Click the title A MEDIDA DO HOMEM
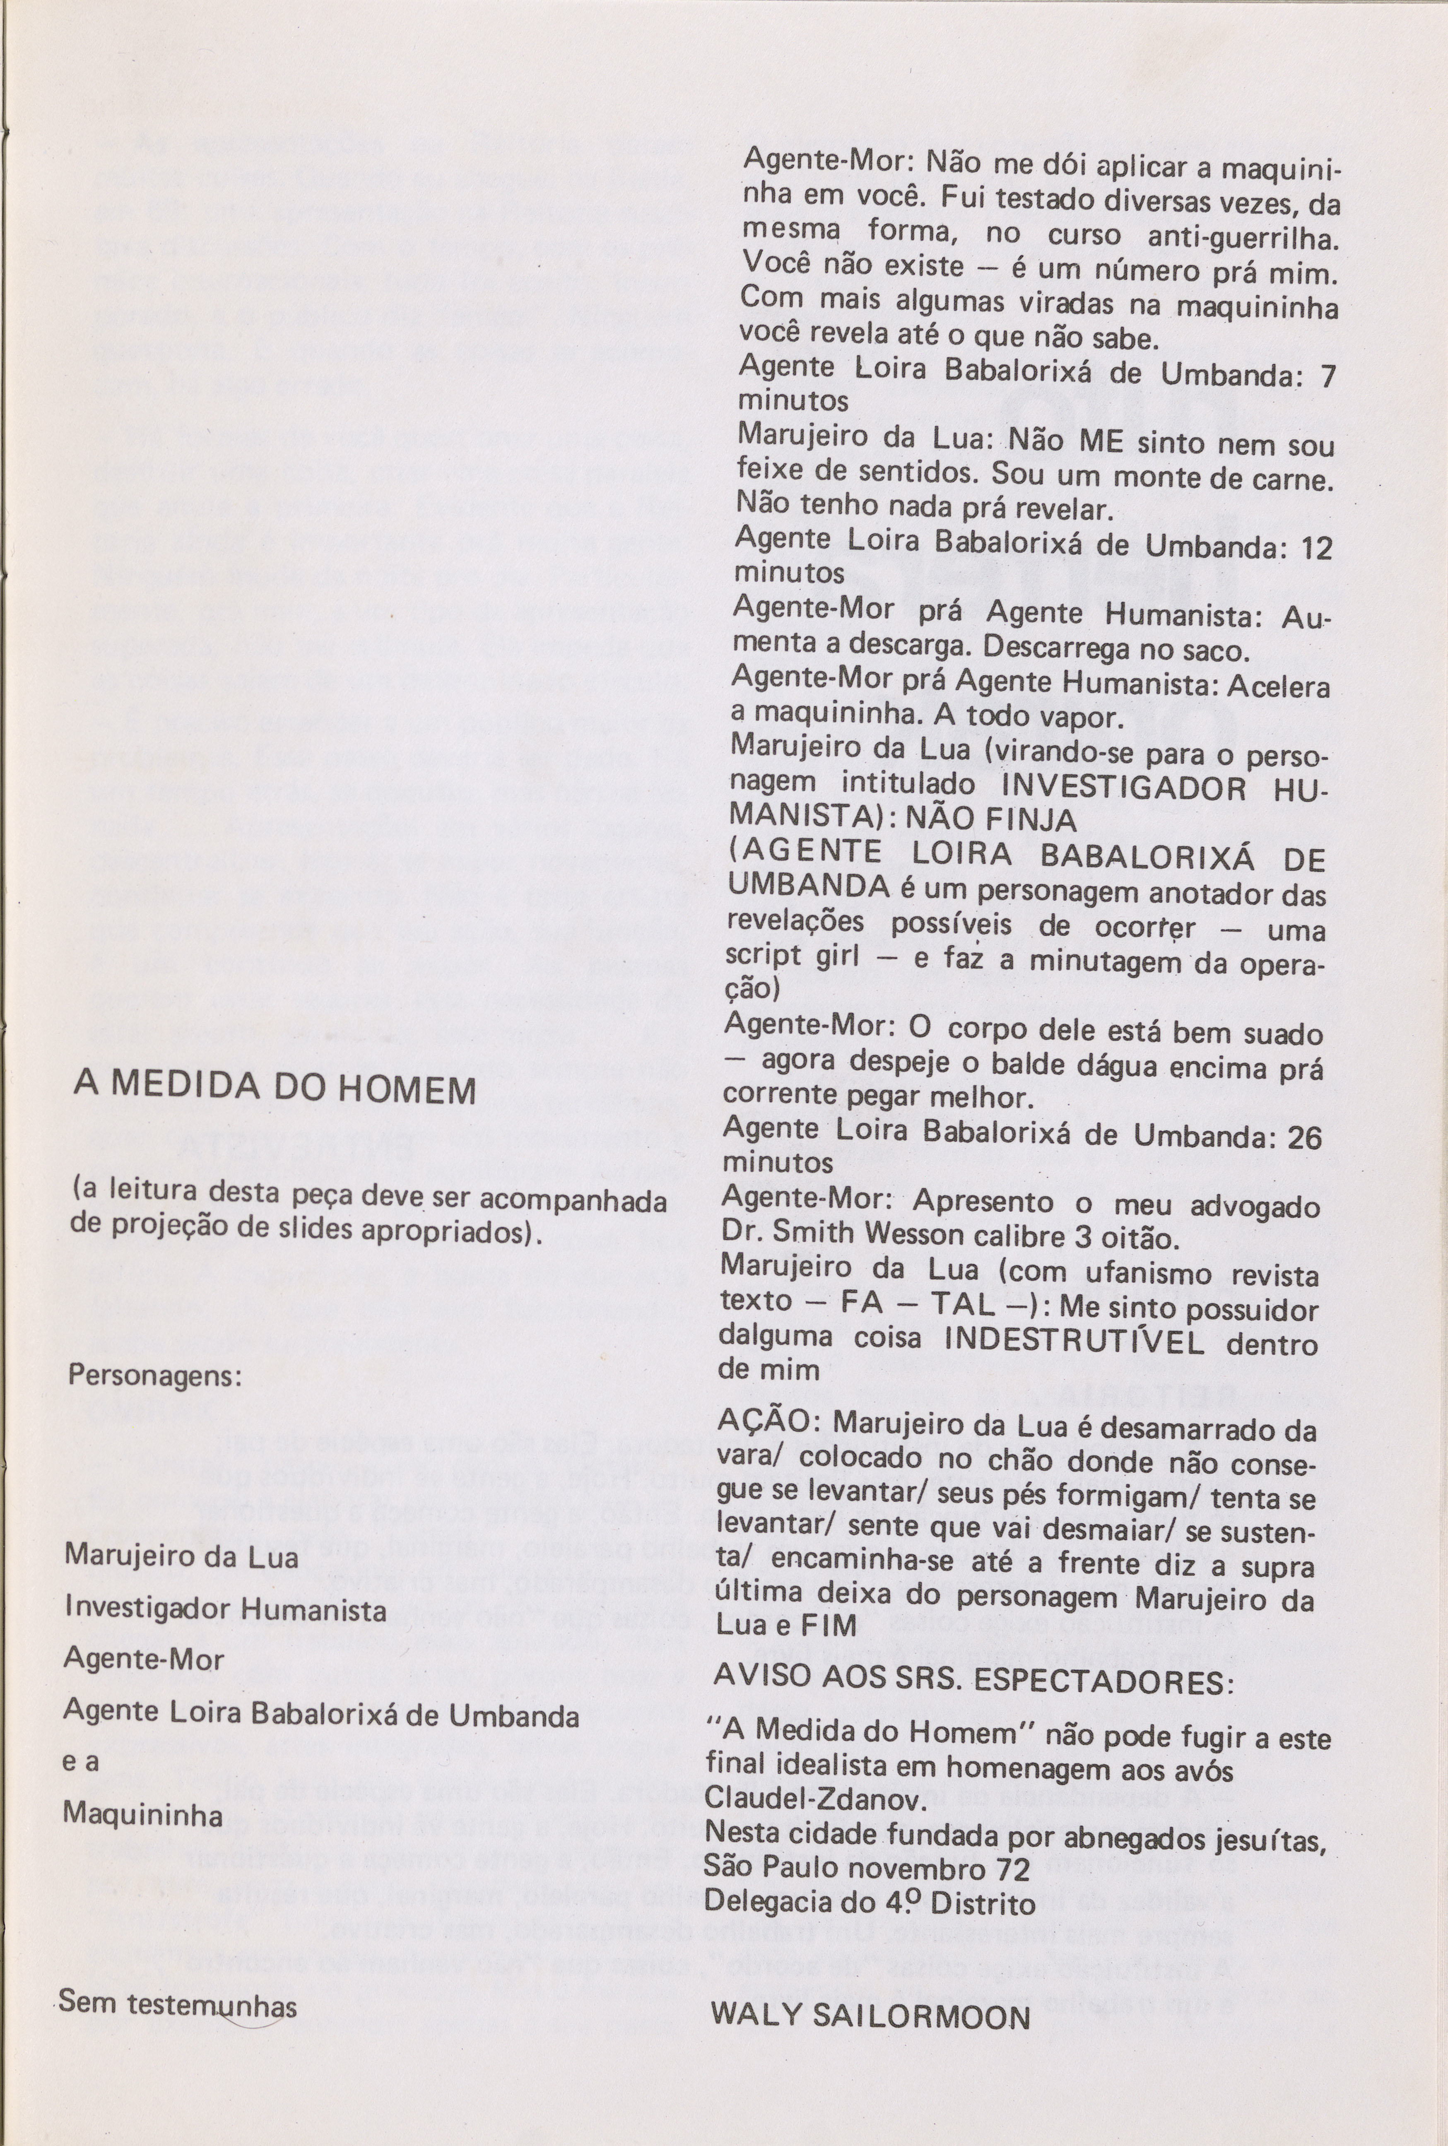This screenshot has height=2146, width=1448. click(x=274, y=1091)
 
